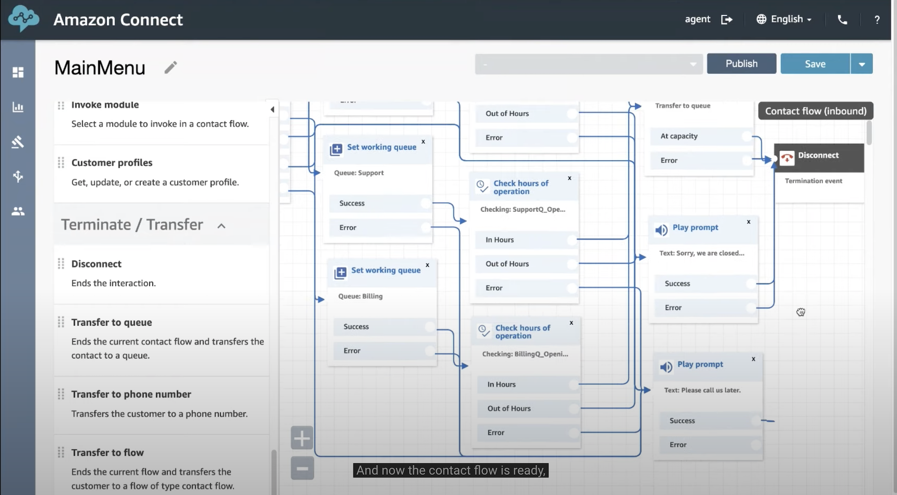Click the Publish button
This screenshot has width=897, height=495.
pos(741,64)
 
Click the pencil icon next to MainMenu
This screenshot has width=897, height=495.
pos(170,67)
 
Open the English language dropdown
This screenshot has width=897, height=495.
pos(784,19)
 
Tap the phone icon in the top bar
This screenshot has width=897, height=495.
pos(842,20)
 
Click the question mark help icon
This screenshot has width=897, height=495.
pos(877,20)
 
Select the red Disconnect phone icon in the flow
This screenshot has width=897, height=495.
pos(787,158)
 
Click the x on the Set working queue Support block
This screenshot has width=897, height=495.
pos(423,142)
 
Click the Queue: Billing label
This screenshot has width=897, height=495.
pos(361,296)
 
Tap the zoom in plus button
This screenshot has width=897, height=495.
pos(302,438)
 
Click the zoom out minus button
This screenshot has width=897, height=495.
pos(302,468)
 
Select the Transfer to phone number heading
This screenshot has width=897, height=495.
pos(131,394)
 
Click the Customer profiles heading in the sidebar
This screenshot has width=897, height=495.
pos(112,163)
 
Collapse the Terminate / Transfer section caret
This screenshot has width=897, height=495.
pos(221,226)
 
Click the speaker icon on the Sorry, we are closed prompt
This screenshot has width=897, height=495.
pos(661,230)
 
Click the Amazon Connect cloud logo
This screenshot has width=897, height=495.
pos(24,19)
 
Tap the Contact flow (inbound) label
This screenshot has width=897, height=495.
pos(815,111)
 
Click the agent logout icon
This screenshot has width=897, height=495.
pos(727,19)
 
